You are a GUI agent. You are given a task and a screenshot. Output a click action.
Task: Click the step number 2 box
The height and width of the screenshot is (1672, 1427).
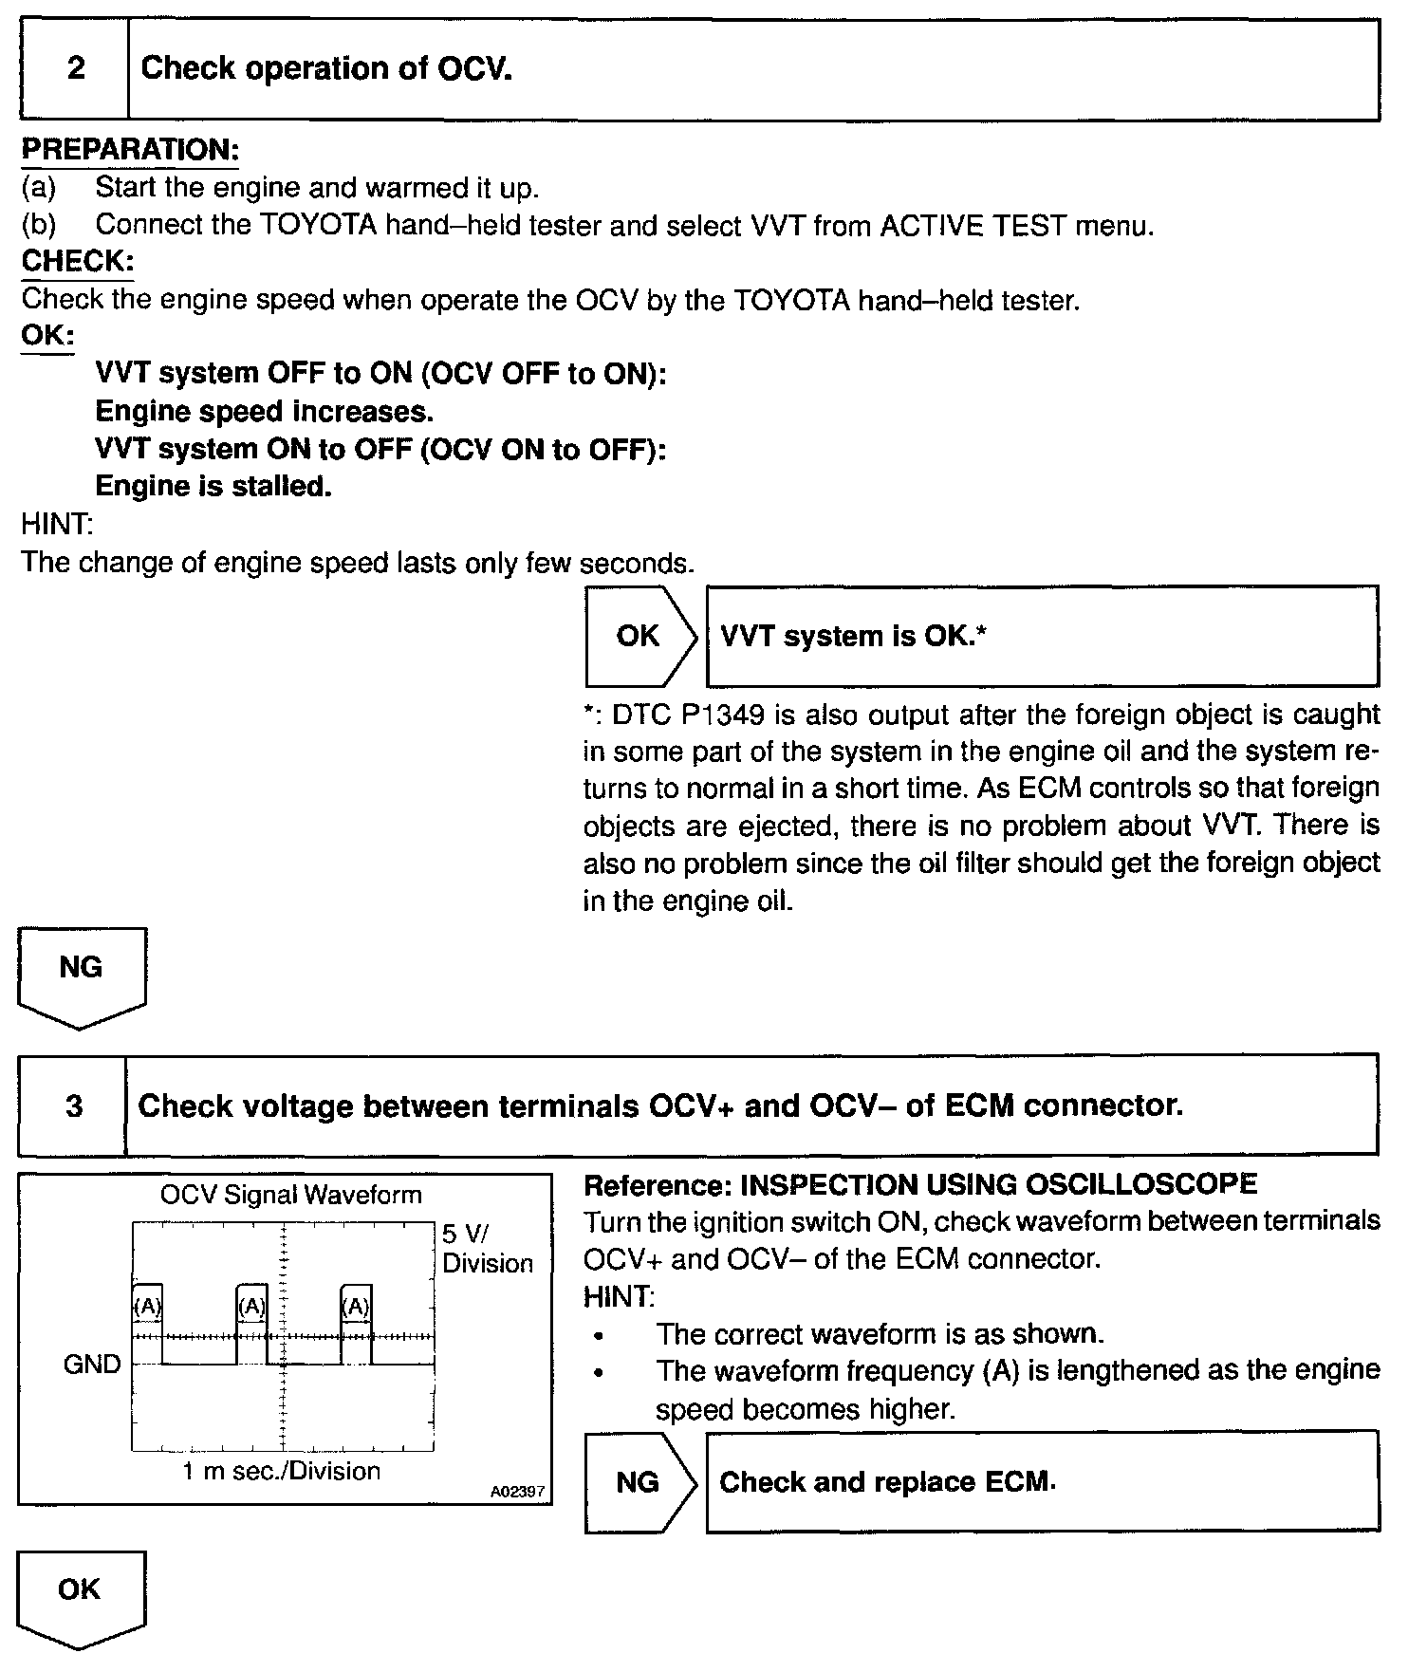click(75, 69)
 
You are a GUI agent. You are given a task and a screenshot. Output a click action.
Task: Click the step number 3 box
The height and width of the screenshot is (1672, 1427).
click(73, 1105)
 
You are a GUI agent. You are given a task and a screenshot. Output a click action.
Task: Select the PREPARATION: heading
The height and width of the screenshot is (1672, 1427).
click(129, 150)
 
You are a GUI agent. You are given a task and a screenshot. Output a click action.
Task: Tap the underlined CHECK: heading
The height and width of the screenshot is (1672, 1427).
click(78, 262)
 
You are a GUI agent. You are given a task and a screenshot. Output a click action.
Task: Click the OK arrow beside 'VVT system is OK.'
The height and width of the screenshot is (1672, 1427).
click(639, 636)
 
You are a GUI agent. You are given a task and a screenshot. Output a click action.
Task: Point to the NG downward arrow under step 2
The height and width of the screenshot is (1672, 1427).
click(82, 973)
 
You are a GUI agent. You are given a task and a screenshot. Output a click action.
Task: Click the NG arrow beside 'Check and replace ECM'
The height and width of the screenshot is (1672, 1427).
click(639, 1482)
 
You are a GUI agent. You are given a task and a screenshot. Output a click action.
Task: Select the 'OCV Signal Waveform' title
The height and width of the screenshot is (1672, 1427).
click(290, 1194)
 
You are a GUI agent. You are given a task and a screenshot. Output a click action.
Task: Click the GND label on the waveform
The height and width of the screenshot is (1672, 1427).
click(92, 1365)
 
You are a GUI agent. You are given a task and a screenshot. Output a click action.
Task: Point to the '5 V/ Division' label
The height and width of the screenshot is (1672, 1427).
click(487, 1249)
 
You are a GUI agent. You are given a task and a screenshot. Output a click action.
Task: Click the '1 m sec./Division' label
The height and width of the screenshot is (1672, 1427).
click(282, 1471)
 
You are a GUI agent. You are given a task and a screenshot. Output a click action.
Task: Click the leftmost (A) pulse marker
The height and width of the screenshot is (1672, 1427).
click(147, 1307)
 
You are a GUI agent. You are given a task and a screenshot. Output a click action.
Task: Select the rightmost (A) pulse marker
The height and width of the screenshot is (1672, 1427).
click(356, 1307)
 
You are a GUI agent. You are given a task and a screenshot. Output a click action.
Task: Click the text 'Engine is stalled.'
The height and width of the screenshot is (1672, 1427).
click(213, 487)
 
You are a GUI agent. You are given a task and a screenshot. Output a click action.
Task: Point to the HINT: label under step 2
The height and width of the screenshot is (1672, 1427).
click(57, 524)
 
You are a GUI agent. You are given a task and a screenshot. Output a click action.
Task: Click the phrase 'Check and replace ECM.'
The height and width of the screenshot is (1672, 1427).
click(887, 1482)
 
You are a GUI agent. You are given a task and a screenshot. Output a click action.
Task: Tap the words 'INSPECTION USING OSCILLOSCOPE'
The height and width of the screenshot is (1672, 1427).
click(998, 1184)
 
